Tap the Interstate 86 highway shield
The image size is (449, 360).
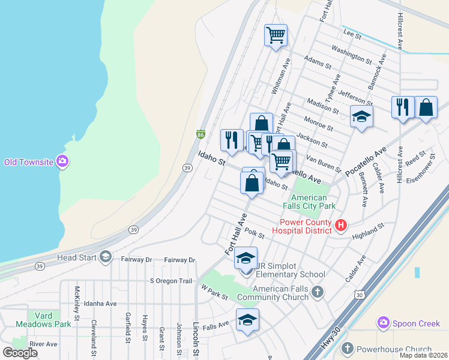pyautogui.click(x=200, y=133)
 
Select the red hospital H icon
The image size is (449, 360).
pyautogui.click(x=341, y=226)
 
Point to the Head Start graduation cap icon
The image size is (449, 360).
pyautogui.click(x=106, y=257)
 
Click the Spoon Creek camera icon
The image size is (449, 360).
pyautogui.click(x=384, y=323)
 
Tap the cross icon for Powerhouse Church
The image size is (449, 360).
pyautogui.click(x=347, y=349)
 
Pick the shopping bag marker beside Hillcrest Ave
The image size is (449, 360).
pyautogui.click(x=426, y=108)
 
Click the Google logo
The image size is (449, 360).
pyautogui.click(x=20, y=353)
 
